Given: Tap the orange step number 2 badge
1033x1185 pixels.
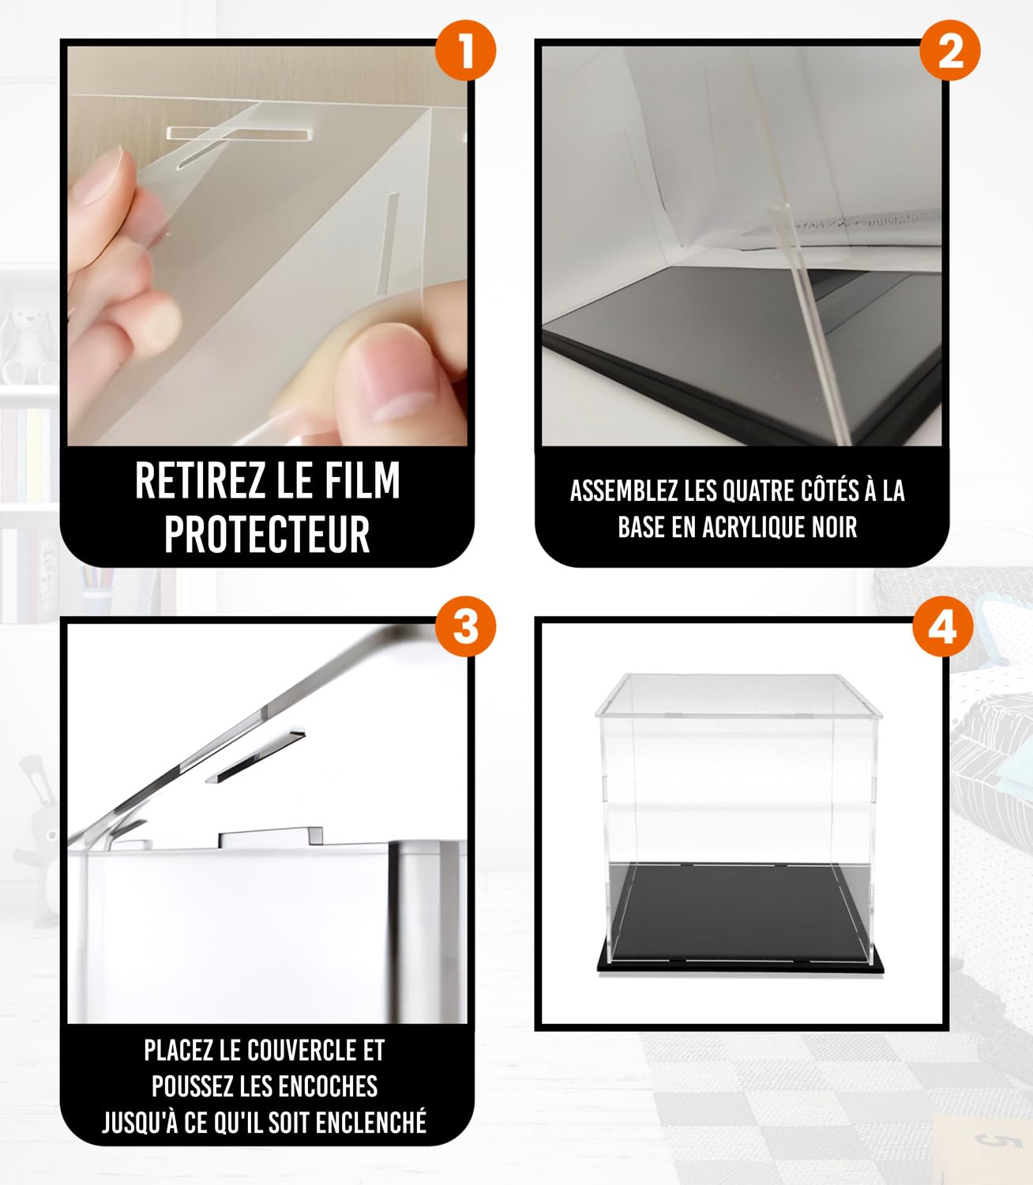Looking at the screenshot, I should pyautogui.click(x=950, y=51).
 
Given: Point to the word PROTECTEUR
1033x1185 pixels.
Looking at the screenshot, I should pyautogui.click(x=267, y=534).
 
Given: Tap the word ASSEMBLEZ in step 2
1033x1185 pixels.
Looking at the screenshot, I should pyautogui.click(x=625, y=491).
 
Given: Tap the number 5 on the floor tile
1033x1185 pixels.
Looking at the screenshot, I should pyautogui.click(x=986, y=1138).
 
